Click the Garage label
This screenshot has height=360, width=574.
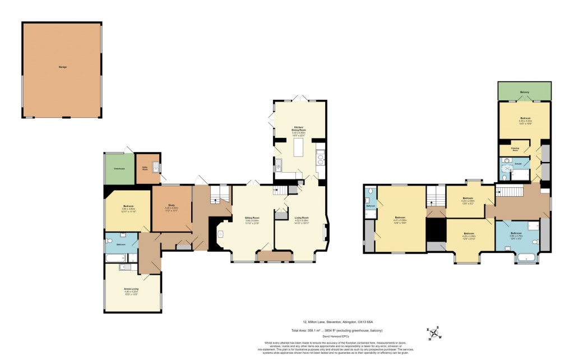tap(62, 67)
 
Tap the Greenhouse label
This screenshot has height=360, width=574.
tap(119, 168)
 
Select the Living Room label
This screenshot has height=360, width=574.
tap(302, 218)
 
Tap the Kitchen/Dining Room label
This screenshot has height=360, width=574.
tap(299, 131)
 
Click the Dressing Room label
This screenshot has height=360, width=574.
tap(515, 149)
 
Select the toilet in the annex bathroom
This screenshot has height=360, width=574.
tap(109, 241)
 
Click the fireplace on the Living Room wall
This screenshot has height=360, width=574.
tap(326, 231)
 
